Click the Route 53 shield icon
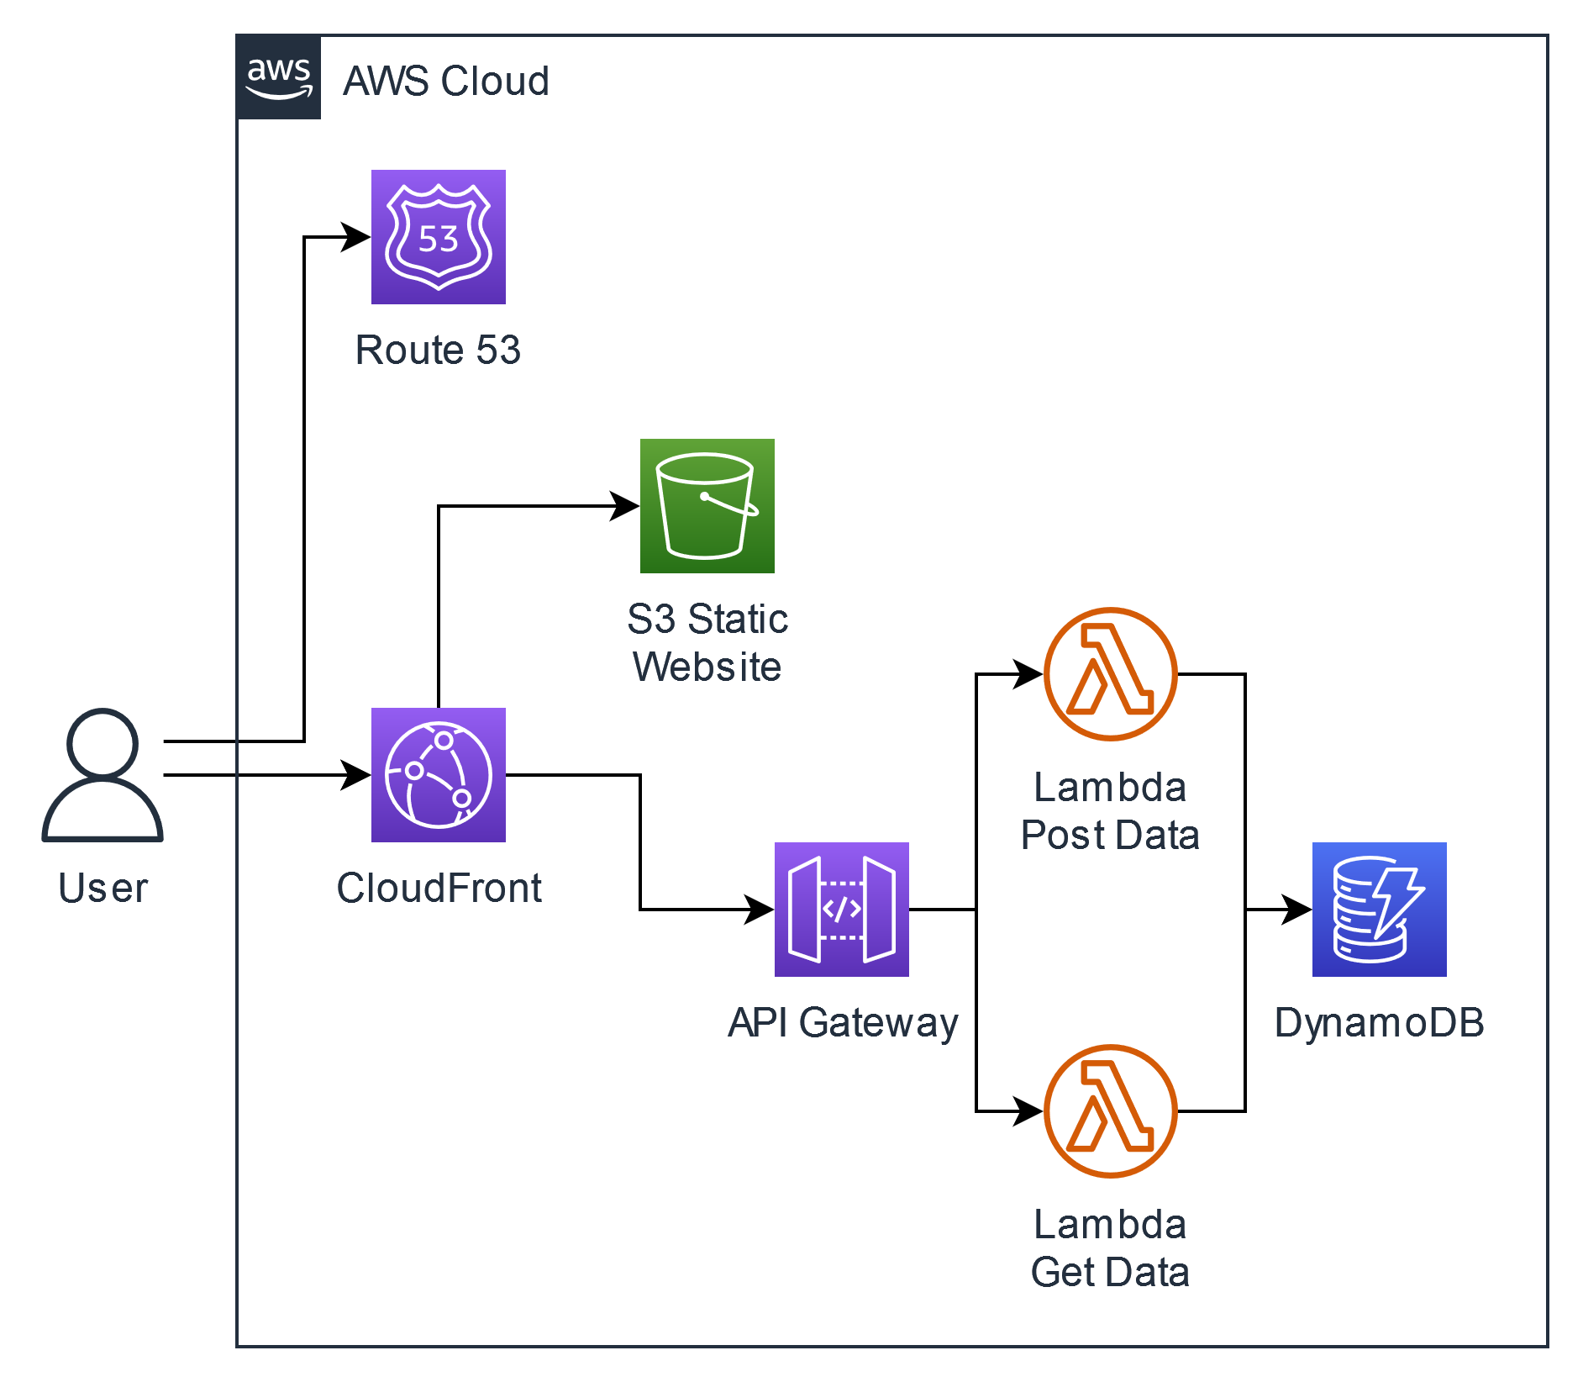tap(438, 237)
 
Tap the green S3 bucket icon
tap(707, 506)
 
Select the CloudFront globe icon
tap(438, 775)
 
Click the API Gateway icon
tap(841, 910)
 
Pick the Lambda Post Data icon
tap(1110, 674)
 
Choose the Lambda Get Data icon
tap(1110, 1111)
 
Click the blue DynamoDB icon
tap(1379, 910)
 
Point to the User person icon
tap(103, 775)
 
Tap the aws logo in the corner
tap(279, 78)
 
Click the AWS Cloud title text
tap(446, 82)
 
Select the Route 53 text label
tap(438, 350)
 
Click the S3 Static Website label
tap(707, 643)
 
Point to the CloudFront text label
tap(439, 888)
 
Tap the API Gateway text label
tap(842, 1023)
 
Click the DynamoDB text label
tap(1379, 1023)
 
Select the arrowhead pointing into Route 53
tap(356, 237)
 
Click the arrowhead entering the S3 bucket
tap(625, 506)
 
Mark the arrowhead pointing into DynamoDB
tap(1297, 910)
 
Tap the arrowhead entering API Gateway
tap(760, 910)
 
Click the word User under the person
tap(103, 889)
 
